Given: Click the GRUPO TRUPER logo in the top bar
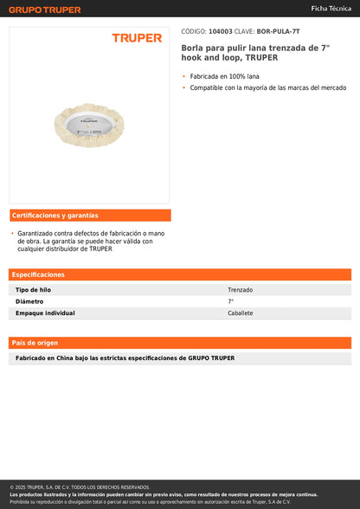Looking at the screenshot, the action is pos(45,10).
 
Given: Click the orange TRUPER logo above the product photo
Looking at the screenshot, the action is pos(137,38).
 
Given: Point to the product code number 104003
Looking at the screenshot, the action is pos(221,30).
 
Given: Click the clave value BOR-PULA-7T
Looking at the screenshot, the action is pos(279,30).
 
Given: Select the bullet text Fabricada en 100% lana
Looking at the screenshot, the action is pos(225,76).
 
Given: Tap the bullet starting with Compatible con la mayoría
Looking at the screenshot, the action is pos(267,87).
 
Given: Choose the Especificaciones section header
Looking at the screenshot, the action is pos(39,274).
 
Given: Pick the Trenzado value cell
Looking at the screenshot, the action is pos(241,290).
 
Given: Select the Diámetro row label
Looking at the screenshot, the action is pos(29,301).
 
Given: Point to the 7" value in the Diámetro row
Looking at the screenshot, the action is pos(231,301).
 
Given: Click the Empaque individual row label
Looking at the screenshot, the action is pos(46,313).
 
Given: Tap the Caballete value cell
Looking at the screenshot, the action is pos(241,313).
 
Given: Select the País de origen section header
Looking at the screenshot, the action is pos(35,343).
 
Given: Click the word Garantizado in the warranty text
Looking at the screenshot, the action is pos(37,233).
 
